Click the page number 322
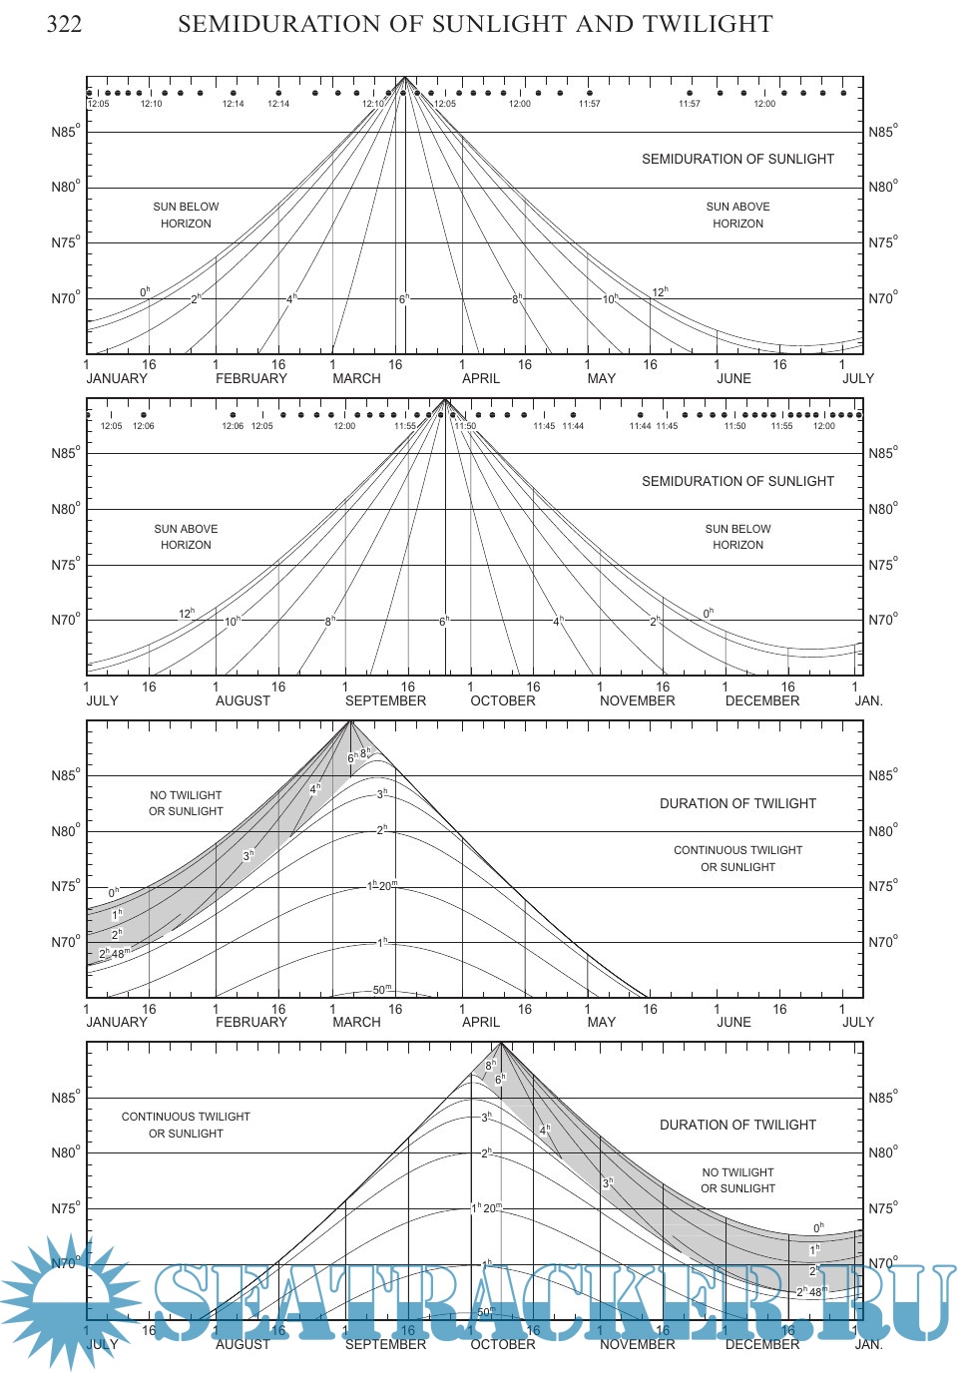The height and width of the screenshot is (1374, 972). click(x=65, y=24)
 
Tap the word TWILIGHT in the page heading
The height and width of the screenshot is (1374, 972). click(x=710, y=24)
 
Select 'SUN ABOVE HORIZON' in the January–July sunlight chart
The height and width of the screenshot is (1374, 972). click(x=737, y=216)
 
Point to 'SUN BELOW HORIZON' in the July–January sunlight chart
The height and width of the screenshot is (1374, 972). click(x=737, y=537)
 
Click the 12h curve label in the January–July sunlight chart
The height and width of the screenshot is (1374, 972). click(x=660, y=292)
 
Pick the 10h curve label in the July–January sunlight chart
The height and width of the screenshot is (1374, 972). click(x=233, y=621)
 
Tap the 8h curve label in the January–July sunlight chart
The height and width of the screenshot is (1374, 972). click(x=517, y=298)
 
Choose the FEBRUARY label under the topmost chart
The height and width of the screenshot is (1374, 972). click(x=250, y=379)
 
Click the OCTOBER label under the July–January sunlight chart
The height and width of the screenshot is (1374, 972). click(x=502, y=701)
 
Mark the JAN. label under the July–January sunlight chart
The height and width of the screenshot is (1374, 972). click(x=868, y=701)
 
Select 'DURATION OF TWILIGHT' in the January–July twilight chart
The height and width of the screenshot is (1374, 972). click(x=737, y=803)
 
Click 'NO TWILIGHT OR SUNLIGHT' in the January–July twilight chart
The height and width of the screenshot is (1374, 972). click(x=186, y=803)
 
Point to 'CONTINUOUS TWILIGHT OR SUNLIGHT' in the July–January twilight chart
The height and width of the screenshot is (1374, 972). click(x=186, y=1126)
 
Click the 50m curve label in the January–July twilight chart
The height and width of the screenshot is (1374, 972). click(x=382, y=990)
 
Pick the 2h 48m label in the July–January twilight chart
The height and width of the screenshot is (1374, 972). click(x=811, y=1291)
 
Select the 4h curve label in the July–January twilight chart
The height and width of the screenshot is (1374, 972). click(x=545, y=1131)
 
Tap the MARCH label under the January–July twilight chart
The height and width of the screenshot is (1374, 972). click(x=356, y=1023)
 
